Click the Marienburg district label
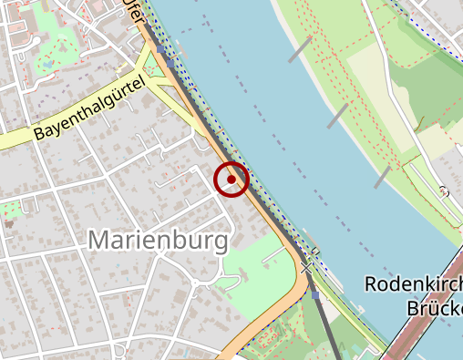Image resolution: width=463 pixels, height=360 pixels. pyautogui.click(x=157, y=242)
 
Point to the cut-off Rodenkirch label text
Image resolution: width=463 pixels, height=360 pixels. pyautogui.click(x=413, y=284)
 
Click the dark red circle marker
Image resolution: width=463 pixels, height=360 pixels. pyautogui.click(x=232, y=180)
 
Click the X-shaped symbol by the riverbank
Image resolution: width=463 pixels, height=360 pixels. pyautogui.click(x=310, y=264)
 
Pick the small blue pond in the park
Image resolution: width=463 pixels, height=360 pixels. pyautogui.click(x=48, y=66)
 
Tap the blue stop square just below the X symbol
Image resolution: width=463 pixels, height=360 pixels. pyautogui.click(x=315, y=294)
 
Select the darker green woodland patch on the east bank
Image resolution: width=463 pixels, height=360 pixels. pyautogui.click(x=428, y=91)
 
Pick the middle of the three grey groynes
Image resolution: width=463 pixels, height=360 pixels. pyautogui.click(x=337, y=115)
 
